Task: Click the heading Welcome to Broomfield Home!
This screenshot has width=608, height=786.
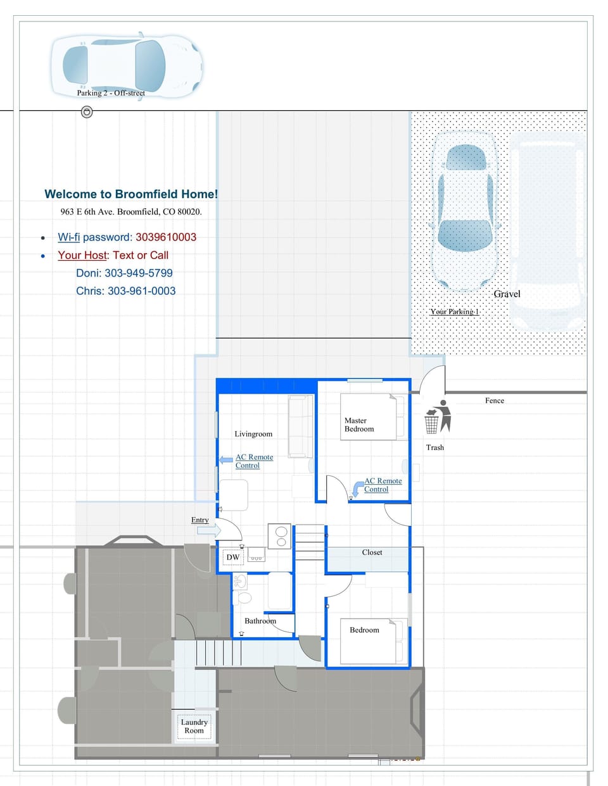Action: pos(131,194)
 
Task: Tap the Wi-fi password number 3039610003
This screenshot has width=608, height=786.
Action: pos(166,237)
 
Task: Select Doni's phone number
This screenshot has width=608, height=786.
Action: pos(138,273)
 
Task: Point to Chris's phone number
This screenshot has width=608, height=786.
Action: pos(141,291)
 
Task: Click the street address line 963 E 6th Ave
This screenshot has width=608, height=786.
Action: pos(131,212)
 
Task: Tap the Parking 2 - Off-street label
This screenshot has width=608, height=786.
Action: pos(111,93)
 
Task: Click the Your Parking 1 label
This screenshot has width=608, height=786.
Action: pos(454,311)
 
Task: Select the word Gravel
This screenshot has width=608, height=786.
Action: pos(507,294)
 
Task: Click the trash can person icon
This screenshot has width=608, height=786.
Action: pos(438,416)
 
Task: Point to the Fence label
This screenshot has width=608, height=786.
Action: pos(495,401)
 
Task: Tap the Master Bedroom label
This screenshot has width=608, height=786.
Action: pos(359,425)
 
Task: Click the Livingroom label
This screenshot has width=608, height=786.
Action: pos(253,434)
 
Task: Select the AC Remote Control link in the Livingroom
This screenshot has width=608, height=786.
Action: pos(254,461)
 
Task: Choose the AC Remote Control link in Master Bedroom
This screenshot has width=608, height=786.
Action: pos(383,485)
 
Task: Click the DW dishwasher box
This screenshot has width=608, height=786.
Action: pos(233,558)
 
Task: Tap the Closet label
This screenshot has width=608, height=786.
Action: pos(372,552)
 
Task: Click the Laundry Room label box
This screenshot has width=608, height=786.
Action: pos(194,727)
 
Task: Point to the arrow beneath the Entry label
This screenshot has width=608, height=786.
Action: pos(208,530)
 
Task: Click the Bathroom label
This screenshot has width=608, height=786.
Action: pos(260,621)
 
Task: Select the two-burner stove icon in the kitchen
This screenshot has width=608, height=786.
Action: pos(279,536)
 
